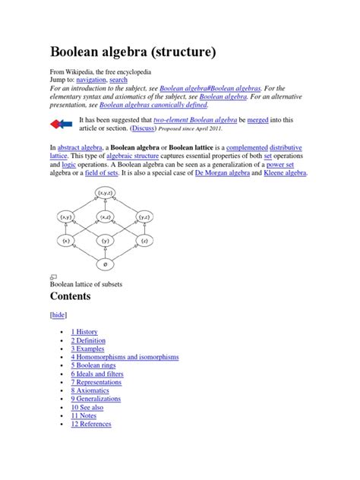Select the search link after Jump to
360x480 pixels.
tap(118, 81)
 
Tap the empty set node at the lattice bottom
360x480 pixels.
tap(105, 264)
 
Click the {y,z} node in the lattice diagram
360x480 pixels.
tap(144, 218)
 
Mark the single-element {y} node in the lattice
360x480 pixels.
tap(105, 242)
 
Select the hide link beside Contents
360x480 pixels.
tap(58, 314)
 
